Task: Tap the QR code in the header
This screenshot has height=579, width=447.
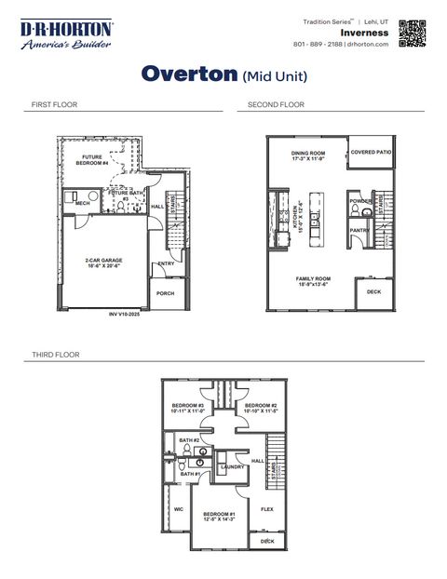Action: click(x=412, y=32)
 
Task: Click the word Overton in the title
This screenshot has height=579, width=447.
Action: click(x=189, y=74)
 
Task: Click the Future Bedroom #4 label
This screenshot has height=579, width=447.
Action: click(x=92, y=160)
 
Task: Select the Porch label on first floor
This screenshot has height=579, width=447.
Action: click(x=165, y=293)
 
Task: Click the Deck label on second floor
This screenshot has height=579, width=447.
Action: click(x=373, y=291)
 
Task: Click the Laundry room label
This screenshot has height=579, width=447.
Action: click(x=232, y=466)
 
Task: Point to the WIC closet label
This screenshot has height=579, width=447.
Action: click(x=178, y=509)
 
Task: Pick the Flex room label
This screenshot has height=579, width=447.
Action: click(x=266, y=509)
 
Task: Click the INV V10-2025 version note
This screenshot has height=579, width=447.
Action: click(x=127, y=315)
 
